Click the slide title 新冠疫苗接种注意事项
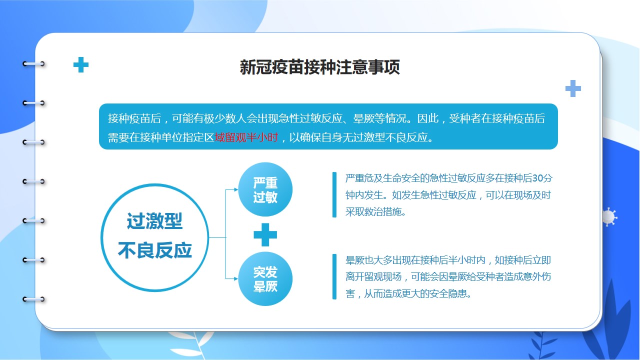pos(319,67)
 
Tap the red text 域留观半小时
pos(246,137)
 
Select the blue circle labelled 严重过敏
pos(265,189)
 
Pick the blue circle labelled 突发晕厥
pos(265,279)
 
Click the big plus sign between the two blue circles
pos(265,234)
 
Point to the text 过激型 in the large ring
pos(154,221)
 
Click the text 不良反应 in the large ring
pos(154,250)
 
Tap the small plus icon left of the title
pos(81,65)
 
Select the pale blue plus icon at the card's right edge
pos(573,88)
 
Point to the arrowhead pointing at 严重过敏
pos(236,189)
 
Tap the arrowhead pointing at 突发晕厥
pos(236,279)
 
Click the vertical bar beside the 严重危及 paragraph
pos(334,194)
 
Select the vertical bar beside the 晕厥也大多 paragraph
pos(334,276)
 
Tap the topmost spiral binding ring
pos(33,63)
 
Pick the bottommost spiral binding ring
pos(33,299)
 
